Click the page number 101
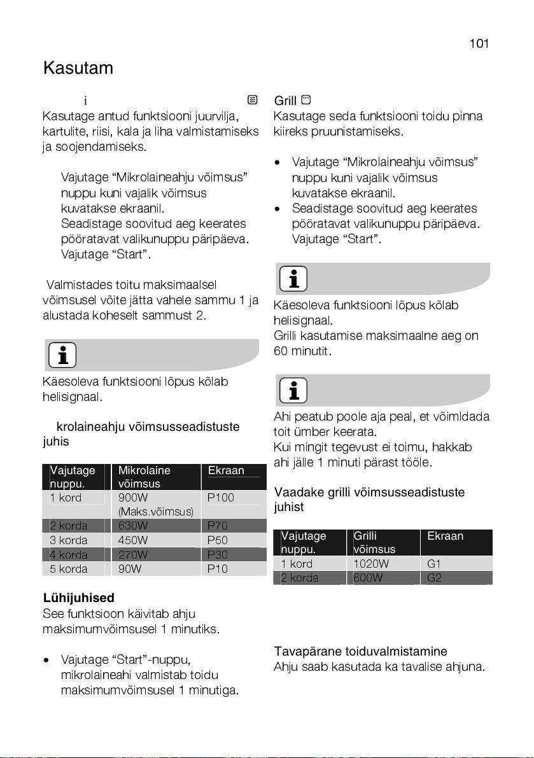coord(479,44)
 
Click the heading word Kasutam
coord(78,68)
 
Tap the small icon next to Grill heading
coord(306,101)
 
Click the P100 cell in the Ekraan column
coord(222,498)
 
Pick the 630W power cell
coord(134,526)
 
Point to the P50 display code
coord(218,540)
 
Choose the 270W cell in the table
coord(134,554)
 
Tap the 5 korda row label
coord(69,569)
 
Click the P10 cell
coord(218,569)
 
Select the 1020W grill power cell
coord(370,564)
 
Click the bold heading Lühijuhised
coord(79,598)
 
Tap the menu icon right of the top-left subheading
coord(253,100)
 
